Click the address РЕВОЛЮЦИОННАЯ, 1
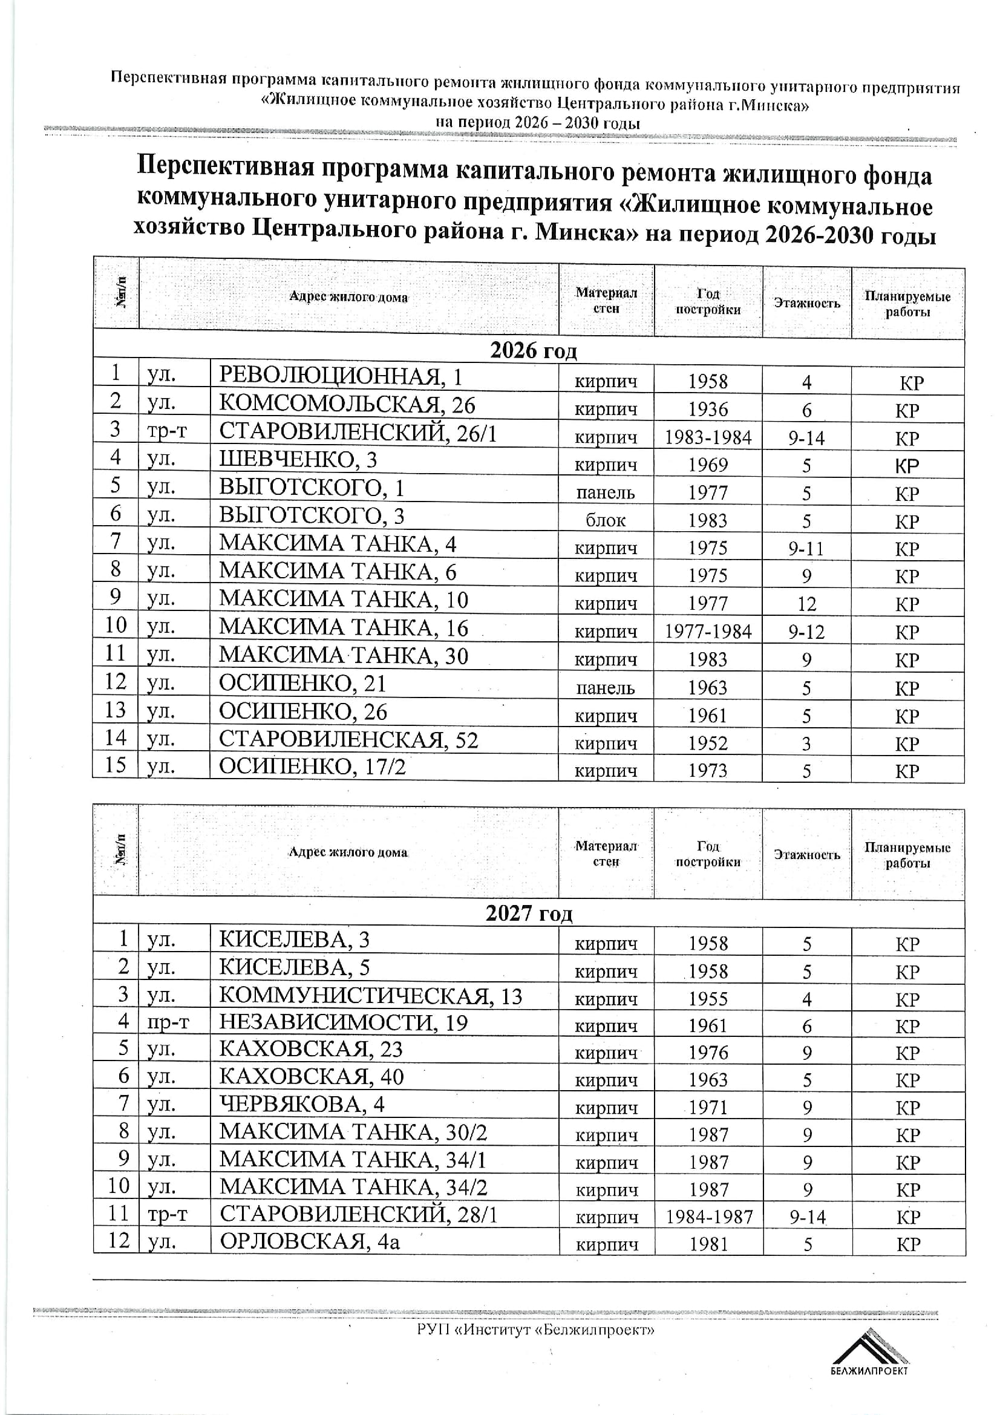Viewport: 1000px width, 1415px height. click(340, 376)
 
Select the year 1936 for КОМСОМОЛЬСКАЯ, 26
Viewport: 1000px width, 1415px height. click(708, 409)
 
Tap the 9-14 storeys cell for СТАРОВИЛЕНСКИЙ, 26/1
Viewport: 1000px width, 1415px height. click(806, 437)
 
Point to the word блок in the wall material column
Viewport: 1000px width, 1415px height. click(606, 520)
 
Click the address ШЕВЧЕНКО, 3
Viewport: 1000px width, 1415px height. click(298, 460)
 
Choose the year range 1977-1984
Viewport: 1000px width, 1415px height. click(708, 632)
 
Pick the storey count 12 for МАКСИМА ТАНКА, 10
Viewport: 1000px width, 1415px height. click(806, 604)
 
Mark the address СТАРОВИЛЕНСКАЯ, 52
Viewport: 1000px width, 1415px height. click(348, 739)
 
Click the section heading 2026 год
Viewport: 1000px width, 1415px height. click(533, 351)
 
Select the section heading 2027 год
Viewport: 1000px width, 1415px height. click(529, 913)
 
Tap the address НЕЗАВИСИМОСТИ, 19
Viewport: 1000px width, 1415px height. click(343, 1022)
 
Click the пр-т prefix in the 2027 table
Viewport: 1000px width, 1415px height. click(168, 1022)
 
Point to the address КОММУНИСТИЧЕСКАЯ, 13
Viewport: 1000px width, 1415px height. click(370, 996)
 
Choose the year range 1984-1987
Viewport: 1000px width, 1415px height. click(709, 1217)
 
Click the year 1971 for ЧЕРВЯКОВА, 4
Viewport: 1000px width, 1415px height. click(708, 1108)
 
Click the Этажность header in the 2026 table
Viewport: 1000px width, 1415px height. click(806, 302)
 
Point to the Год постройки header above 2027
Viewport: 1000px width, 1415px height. click(708, 854)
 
